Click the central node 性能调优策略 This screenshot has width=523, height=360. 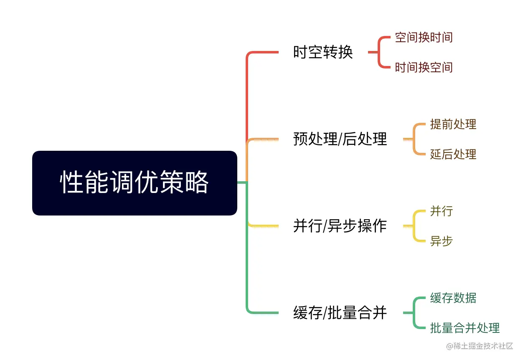(135, 183)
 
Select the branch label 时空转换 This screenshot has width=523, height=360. (323, 53)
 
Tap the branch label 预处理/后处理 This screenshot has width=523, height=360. (340, 139)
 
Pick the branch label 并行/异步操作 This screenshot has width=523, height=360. (340, 226)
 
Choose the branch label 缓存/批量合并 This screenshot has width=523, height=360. (340, 313)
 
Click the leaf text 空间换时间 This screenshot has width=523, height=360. (424, 38)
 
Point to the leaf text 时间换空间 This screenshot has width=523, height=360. (424, 68)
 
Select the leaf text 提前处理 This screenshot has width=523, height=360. (453, 124)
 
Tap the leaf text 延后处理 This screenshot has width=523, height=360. (453, 155)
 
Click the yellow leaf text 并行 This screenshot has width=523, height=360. (441, 211)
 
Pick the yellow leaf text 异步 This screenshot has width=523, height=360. (441, 241)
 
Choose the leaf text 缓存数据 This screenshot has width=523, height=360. (453, 298)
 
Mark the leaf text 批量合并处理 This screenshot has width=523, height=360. (465, 328)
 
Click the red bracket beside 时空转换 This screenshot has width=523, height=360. (379, 53)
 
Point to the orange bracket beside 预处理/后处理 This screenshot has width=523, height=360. (414, 139)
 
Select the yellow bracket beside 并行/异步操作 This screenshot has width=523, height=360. (414, 226)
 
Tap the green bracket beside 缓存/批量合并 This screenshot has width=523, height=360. (414, 313)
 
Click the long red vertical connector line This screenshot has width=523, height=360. (247, 96)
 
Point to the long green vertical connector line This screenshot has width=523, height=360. (247, 267)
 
